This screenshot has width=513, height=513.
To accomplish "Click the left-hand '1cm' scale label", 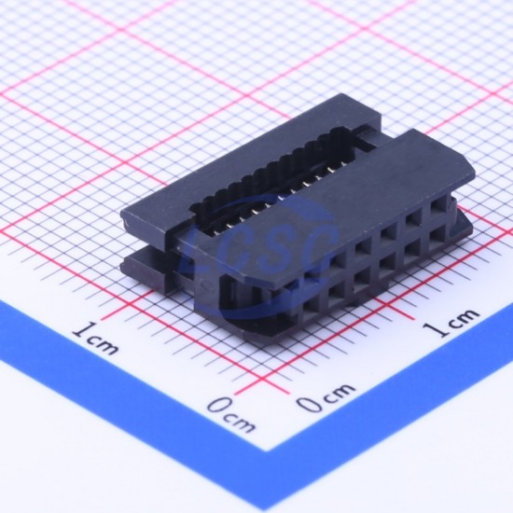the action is (x=95, y=338).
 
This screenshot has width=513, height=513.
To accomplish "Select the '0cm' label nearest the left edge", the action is (x=231, y=414).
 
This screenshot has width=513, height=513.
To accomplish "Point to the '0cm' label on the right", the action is (x=326, y=396).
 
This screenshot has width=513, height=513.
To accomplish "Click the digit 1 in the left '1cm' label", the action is (x=81, y=330).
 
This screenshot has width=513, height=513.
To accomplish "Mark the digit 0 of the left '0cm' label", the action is (x=218, y=406).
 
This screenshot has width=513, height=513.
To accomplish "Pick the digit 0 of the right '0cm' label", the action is (x=309, y=403).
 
